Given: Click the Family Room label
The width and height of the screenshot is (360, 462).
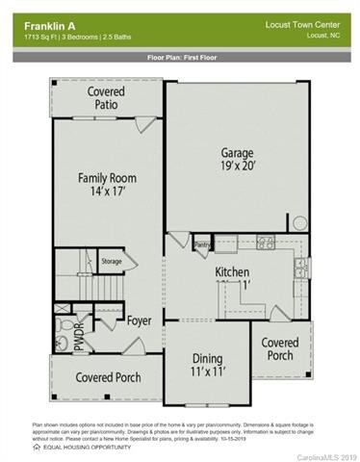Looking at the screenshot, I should pyautogui.click(x=107, y=178).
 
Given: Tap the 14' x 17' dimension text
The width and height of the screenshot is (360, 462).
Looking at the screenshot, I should pyautogui.click(x=107, y=193).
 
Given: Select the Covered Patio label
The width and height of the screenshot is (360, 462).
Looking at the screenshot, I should pyautogui.click(x=106, y=99).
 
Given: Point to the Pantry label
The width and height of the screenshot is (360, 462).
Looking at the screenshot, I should pyautogui.click(x=202, y=245).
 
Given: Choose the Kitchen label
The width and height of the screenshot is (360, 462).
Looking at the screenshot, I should pyautogui.click(x=232, y=270).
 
